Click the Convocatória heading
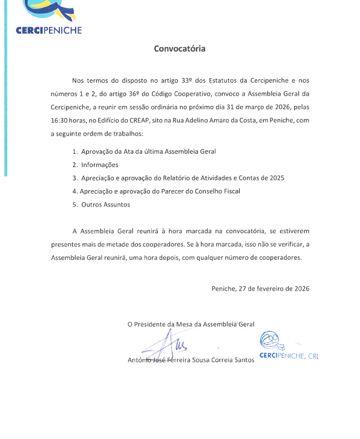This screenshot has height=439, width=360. (x=180, y=48)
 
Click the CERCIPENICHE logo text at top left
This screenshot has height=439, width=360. (x=48, y=30)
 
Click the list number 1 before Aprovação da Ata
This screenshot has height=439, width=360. (x=74, y=151)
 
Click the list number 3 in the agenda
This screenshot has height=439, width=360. (x=74, y=178)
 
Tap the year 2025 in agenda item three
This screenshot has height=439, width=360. (x=277, y=178)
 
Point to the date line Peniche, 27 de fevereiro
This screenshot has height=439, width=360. (x=260, y=288)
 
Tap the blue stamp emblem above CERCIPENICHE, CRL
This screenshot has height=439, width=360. (x=270, y=341)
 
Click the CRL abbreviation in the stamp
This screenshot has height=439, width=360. (x=313, y=356)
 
